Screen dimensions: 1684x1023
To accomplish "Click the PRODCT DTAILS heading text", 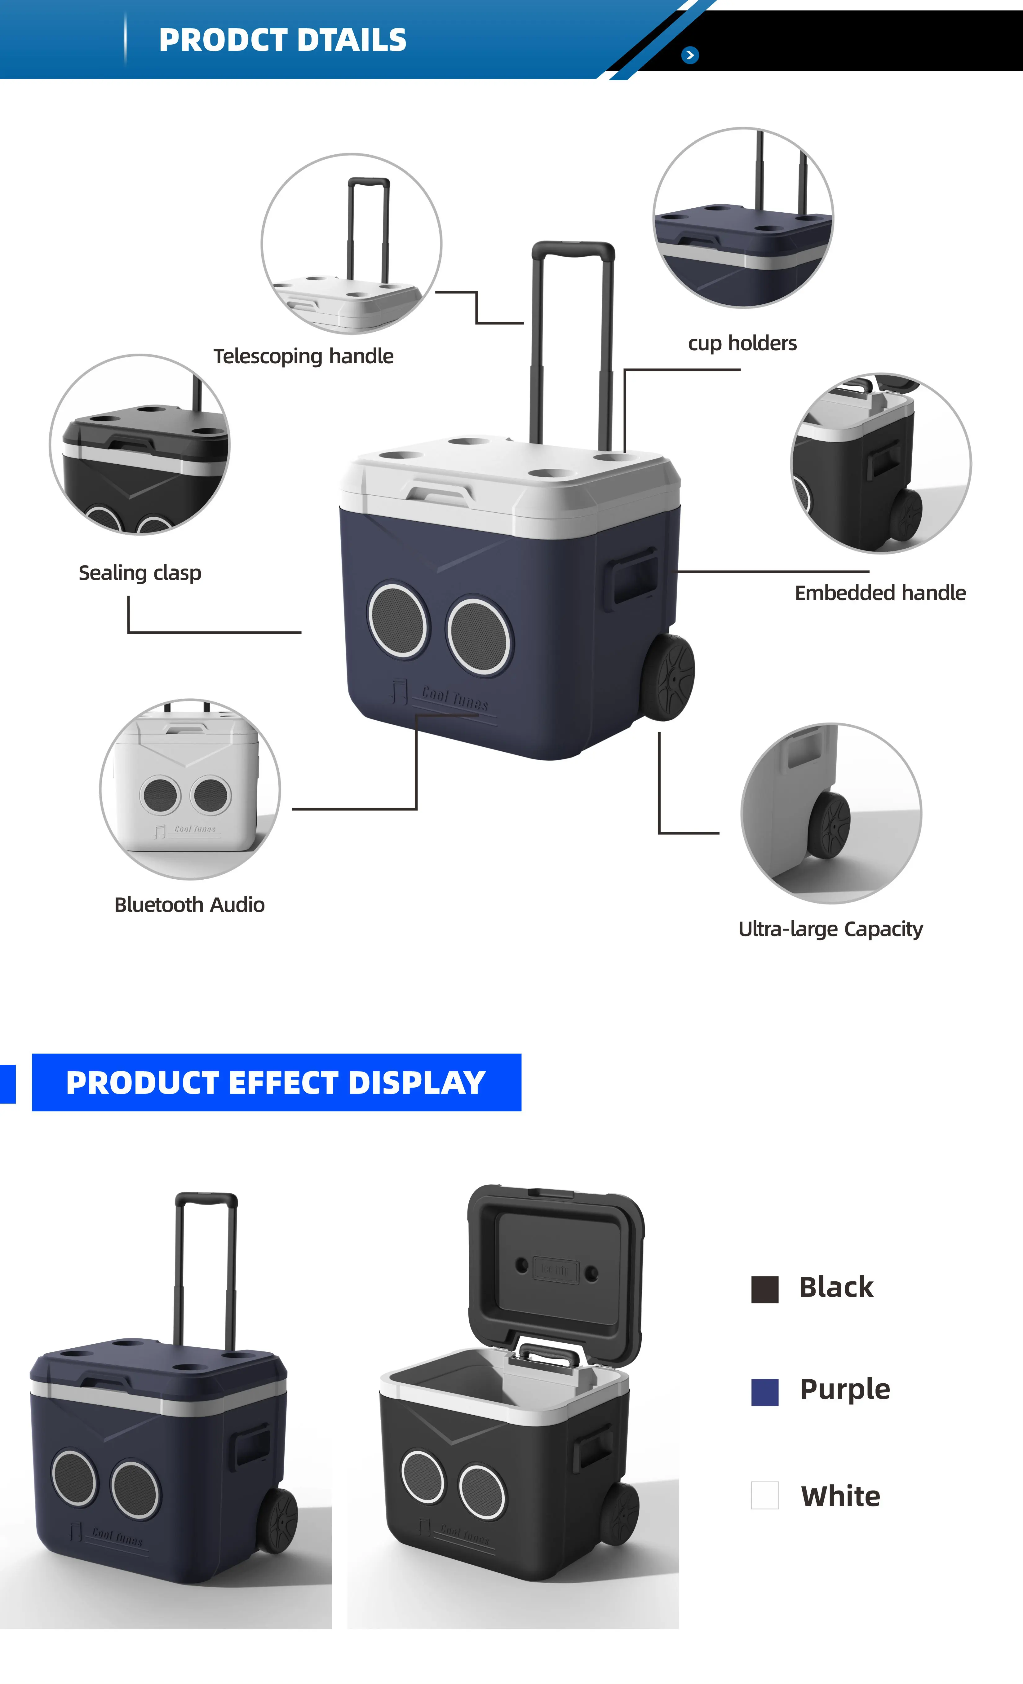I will (x=282, y=40).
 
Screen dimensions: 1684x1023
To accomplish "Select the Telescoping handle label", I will (x=303, y=356).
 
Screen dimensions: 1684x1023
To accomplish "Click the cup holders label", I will (x=742, y=343).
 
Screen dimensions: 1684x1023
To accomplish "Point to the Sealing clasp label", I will (x=140, y=573).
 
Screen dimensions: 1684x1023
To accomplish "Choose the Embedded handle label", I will (x=880, y=593).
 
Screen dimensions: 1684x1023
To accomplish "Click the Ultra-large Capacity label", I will (x=830, y=929).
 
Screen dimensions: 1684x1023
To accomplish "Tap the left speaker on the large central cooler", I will (x=398, y=620).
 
